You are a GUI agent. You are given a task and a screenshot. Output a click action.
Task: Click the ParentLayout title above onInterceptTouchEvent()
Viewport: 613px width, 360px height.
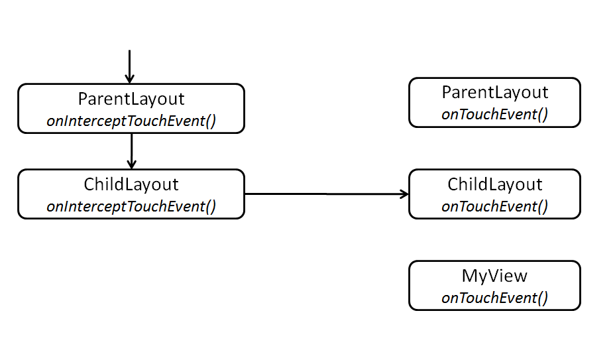(x=131, y=99)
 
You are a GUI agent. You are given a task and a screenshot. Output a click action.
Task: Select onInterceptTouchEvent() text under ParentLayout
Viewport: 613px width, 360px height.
(x=131, y=121)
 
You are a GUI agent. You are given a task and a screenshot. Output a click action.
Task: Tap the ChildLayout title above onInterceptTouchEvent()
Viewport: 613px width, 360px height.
(x=131, y=184)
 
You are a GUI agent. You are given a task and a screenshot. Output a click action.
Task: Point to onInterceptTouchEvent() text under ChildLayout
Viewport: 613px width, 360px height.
(x=131, y=206)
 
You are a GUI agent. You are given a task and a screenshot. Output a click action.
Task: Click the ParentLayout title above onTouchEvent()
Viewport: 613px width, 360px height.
(x=494, y=92)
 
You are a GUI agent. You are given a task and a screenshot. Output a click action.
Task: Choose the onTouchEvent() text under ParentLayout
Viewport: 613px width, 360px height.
(x=494, y=114)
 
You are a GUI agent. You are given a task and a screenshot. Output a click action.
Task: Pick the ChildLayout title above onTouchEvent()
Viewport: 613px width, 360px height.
(x=494, y=184)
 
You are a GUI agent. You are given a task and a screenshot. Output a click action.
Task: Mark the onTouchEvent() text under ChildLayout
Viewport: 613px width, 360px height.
(x=494, y=206)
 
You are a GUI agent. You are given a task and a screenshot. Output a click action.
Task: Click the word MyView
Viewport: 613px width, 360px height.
(x=494, y=276)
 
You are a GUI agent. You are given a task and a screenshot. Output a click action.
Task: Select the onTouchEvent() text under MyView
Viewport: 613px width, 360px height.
(x=494, y=298)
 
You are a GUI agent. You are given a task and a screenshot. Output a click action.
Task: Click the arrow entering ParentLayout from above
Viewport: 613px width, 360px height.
(x=130, y=66)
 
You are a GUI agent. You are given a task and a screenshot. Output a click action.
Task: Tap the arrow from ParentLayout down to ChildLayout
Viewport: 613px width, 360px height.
(x=132, y=150)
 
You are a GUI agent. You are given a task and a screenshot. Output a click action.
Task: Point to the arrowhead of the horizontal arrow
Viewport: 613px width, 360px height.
(x=404, y=194)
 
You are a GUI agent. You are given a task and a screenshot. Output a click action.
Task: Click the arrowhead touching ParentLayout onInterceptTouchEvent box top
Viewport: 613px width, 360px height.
(x=130, y=79)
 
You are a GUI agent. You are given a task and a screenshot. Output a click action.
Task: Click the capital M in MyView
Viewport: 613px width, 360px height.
(x=469, y=276)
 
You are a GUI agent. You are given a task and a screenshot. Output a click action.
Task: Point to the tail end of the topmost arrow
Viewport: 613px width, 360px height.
(x=130, y=51)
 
